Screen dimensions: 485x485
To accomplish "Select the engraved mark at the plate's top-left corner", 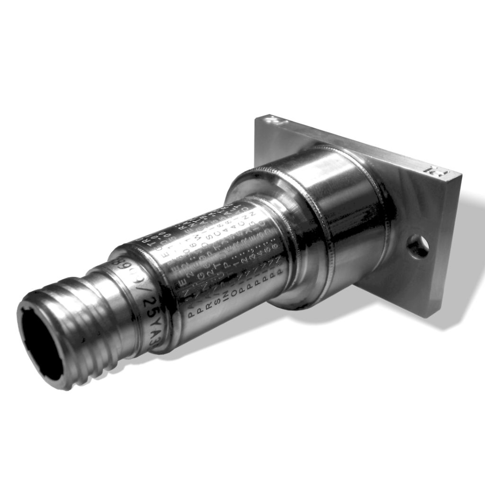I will (x=274, y=120).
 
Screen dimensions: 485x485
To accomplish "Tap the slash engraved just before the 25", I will (x=146, y=290).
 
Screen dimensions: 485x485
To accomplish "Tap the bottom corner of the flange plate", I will (x=429, y=314).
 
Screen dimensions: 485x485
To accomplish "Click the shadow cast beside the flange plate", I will (x=467, y=265).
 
